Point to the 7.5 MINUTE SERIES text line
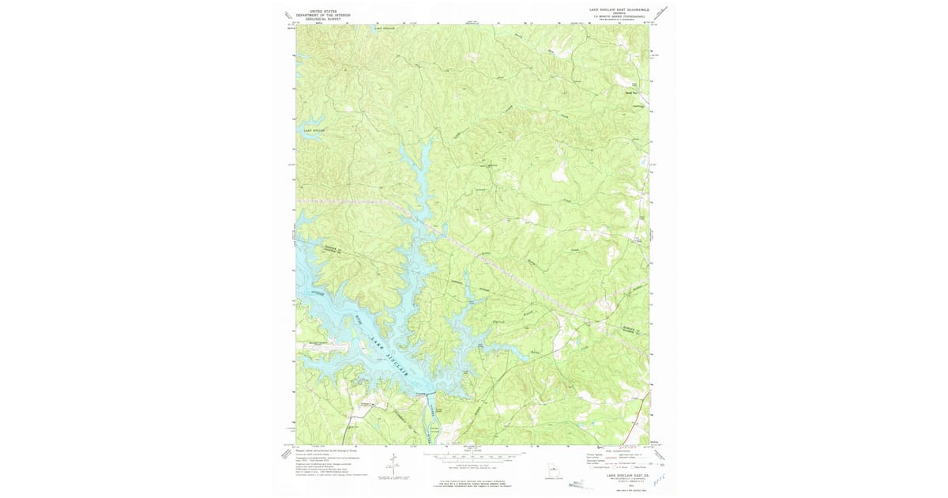[623, 17]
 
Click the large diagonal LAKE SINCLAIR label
[393, 358]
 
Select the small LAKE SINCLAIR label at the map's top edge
[384, 27]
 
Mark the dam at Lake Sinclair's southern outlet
[426, 394]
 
